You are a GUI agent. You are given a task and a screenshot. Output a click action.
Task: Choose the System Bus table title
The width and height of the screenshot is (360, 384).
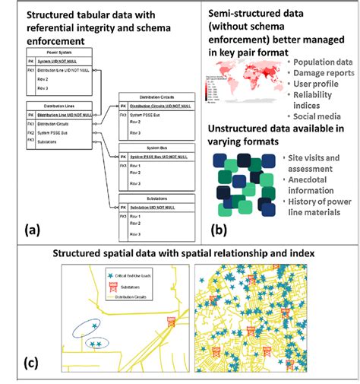156,148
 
